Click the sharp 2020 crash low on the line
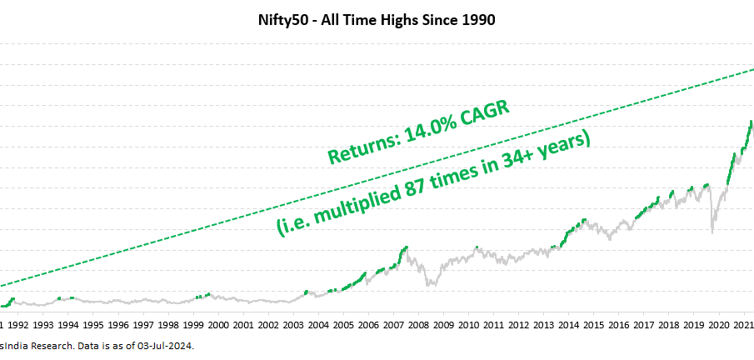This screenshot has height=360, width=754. click(x=712, y=232)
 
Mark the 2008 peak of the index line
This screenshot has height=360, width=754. click(x=406, y=247)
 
